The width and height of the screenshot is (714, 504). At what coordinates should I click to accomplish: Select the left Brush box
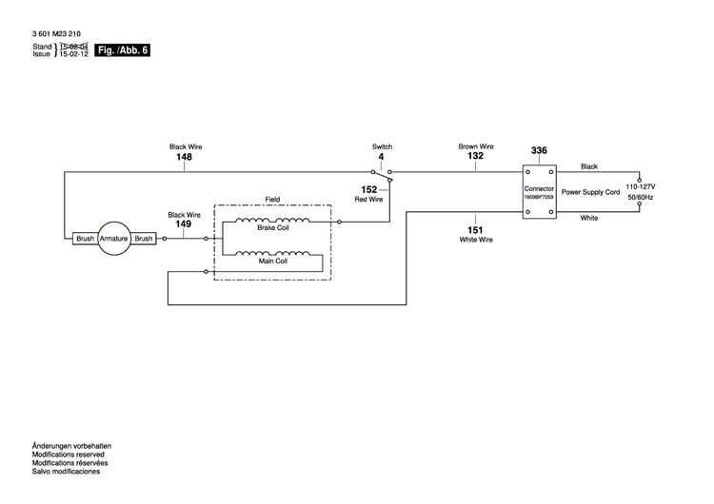pyautogui.click(x=85, y=239)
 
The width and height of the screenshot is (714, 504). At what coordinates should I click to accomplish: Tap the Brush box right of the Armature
pyautogui.click(x=144, y=239)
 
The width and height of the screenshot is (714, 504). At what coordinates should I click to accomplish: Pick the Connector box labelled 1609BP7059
pyautogui.click(x=539, y=193)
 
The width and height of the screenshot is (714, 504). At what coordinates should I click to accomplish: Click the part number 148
pyautogui.click(x=185, y=157)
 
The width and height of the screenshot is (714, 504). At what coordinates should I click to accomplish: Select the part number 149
pyautogui.click(x=184, y=225)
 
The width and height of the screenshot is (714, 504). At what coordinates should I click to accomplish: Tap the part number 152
pyautogui.click(x=368, y=189)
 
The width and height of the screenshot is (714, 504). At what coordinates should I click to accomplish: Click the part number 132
pyautogui.click(x=475, y=157)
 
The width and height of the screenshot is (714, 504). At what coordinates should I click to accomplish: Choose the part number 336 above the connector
pyautogui.click(x=539, y=151)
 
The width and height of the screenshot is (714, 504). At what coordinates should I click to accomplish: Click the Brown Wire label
pyautogui.click(x=475, y=146)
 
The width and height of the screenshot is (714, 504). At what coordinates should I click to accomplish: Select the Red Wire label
pyautogui.click(x=368, y=200)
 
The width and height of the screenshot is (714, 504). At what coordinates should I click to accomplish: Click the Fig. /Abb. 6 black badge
pyautogui.click(x=123, y=49)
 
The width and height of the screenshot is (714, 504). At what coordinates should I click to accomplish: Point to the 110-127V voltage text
pyautogui.click(x=640, y=187)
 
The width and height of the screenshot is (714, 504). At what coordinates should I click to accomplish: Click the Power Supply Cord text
pyautogui.click(x=590, y=192)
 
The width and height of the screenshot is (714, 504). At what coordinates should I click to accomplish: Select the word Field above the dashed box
pyautogui.click(x=272, y=199)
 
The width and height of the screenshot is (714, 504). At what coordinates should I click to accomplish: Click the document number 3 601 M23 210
pyautogui.click(x=56, y=34)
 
